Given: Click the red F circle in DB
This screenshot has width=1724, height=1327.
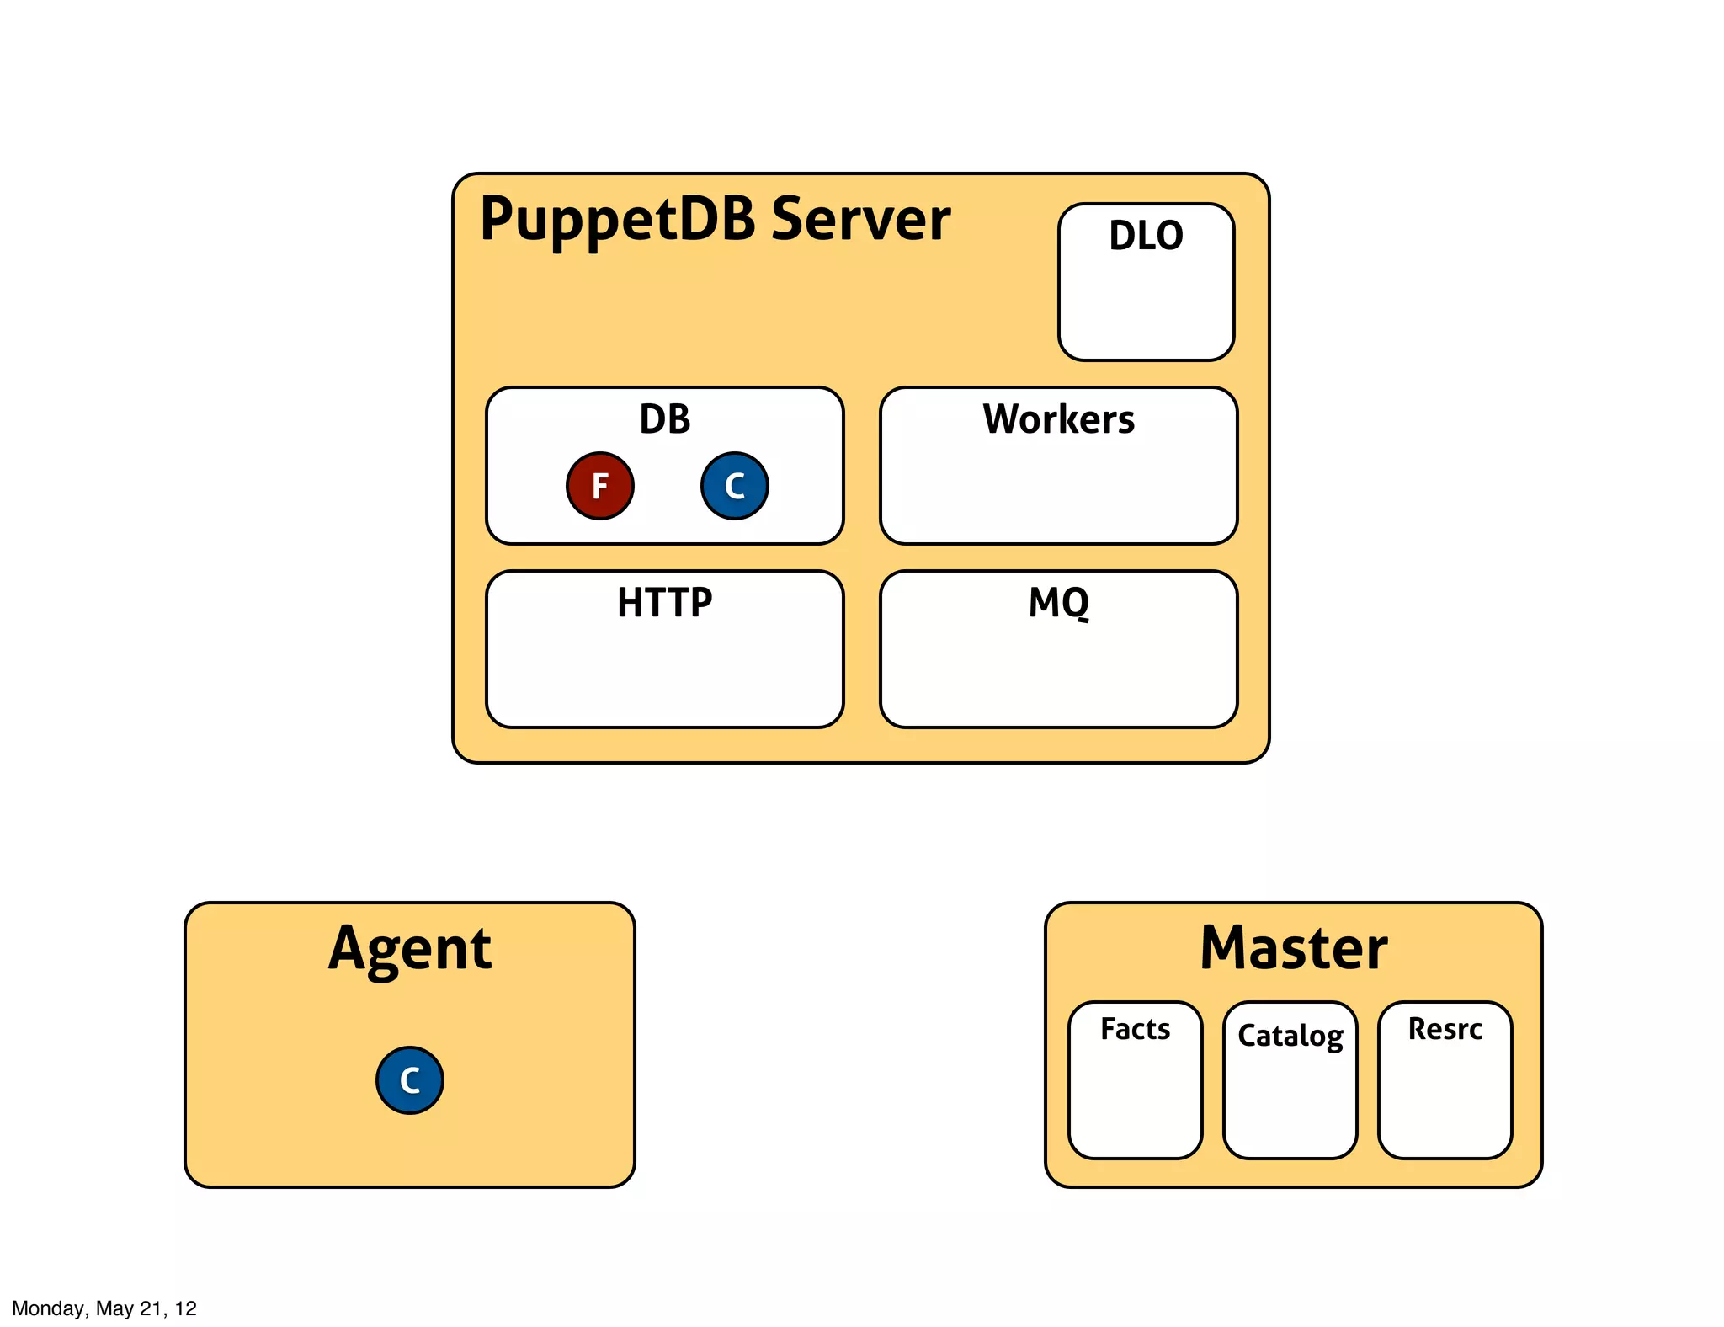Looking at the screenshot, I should (599, 486).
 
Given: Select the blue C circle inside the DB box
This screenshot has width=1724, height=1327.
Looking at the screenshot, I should (734, 486).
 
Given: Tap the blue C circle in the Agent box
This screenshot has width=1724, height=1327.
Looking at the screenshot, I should (409, 1079).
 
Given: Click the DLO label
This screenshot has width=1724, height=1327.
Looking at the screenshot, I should (1146, 236).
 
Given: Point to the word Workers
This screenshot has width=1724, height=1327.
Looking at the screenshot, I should (1058, 419).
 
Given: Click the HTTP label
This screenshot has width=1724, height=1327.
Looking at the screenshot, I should (664, 603).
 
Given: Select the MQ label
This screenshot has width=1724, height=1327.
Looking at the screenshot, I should (1058, 603).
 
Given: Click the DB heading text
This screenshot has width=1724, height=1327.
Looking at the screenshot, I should (664, 419).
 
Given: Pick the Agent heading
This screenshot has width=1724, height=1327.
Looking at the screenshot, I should (409, 950).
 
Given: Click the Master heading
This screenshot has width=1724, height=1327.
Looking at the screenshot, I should (1293, 949).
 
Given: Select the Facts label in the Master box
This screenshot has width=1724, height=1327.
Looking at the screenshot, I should (1135, 1029).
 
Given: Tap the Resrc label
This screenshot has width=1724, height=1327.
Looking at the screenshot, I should (1445, 1029).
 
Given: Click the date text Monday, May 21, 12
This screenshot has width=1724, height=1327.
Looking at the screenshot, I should (104, 1308).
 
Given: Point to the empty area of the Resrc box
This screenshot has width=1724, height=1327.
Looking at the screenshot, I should (1445, 1103).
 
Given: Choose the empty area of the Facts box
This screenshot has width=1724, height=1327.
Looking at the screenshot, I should (1135, 1103).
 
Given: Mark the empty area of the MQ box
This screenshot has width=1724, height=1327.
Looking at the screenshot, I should (1058, 674).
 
